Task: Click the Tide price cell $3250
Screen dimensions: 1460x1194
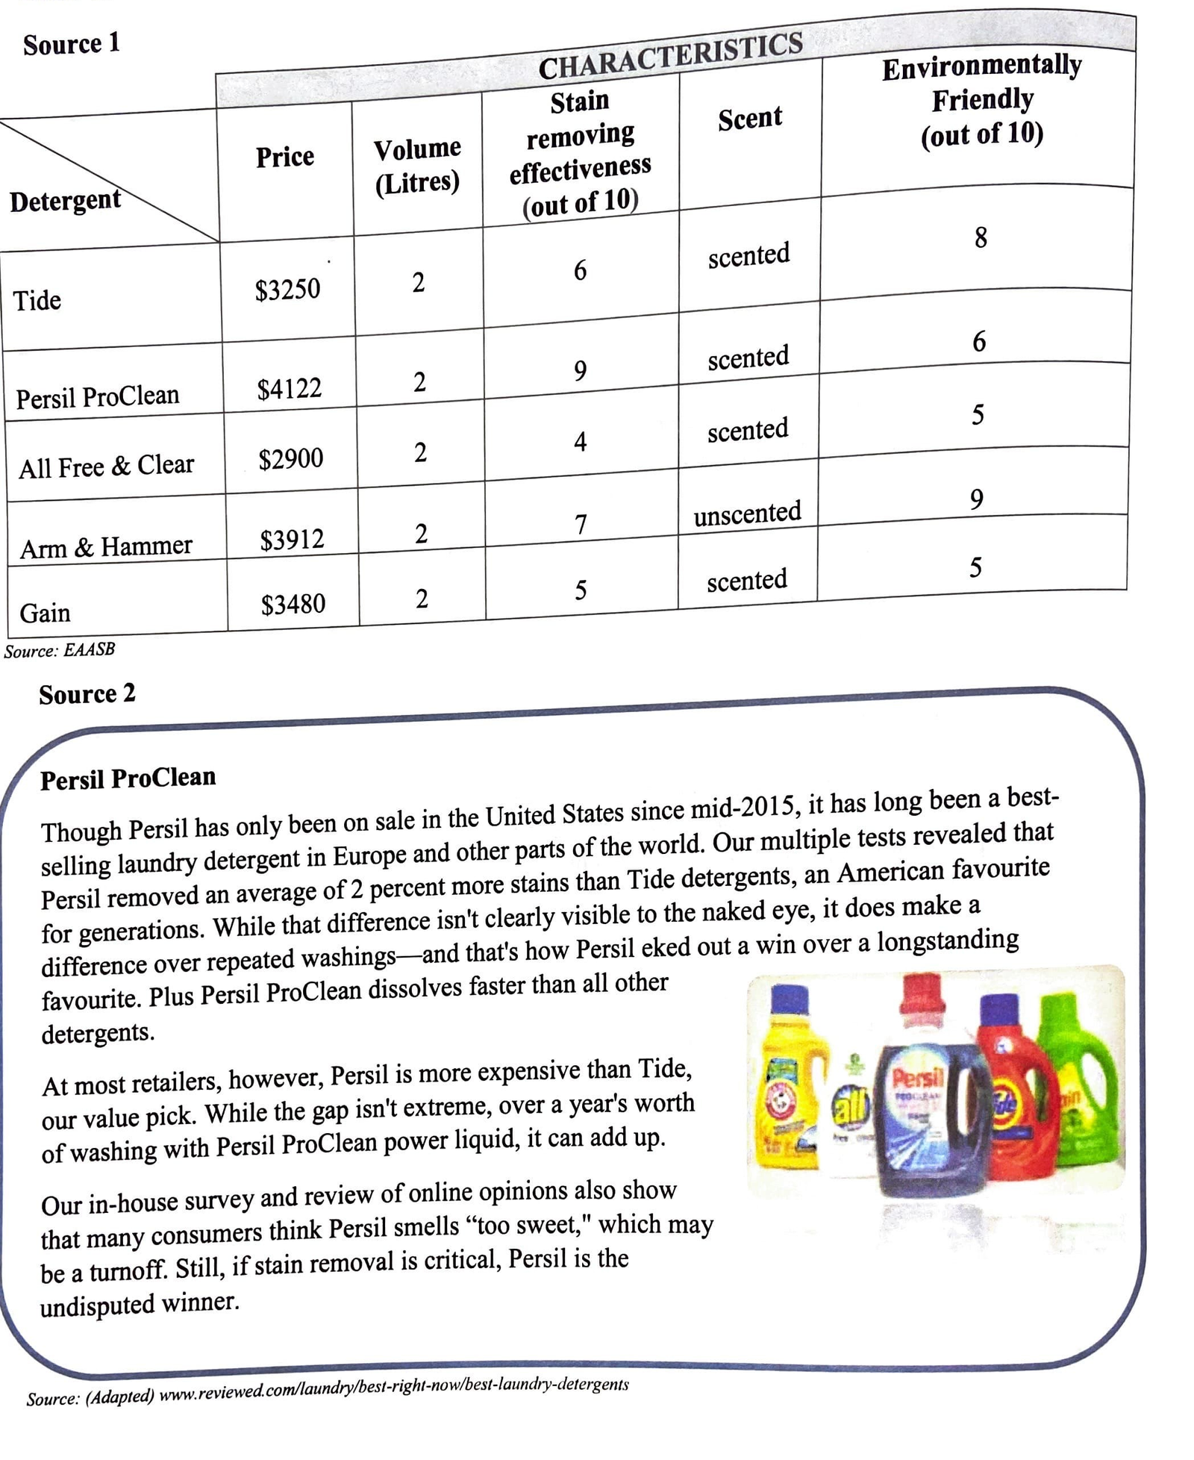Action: click(x=287, y=289)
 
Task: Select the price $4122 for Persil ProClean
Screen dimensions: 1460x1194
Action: click(x=289, y=389)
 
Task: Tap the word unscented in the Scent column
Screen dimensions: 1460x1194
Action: click(x=747, y=514)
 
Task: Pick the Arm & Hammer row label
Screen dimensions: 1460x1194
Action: click(x=106, y=547)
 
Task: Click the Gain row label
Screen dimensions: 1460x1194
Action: click(x=45, y=613)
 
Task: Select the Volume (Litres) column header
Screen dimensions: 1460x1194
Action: click(x=417, y=165)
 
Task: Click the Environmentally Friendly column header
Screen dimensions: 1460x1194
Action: click(x=981, y=99)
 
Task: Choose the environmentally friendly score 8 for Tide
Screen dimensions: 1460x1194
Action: click(x=981, y=238)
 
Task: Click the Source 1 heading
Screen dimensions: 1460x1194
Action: click(x=71, y=44)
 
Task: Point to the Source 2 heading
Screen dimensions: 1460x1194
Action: click(x=87, y=694)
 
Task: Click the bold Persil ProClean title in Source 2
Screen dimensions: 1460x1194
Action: click(x=128, y=779)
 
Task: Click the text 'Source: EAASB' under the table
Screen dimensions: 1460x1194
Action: click(x=60, y=650)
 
